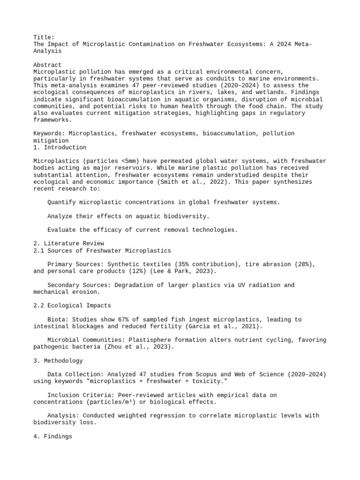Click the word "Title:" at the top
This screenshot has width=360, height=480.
coord(44,37)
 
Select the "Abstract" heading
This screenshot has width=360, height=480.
coord(47,65)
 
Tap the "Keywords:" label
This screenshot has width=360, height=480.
coord(49,134)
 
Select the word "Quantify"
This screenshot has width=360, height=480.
coord(63,202)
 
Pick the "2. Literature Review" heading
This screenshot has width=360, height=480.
coord(68,244)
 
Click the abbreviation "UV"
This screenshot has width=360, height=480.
coord(239,285)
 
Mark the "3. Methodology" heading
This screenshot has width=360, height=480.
coord(58,361)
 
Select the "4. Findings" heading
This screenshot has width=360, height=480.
coord(52,436)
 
